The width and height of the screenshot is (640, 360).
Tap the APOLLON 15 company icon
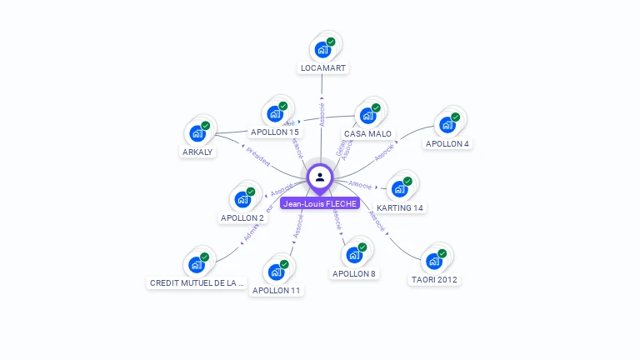click(275, 113)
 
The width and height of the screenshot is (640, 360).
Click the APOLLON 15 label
click(275, 132)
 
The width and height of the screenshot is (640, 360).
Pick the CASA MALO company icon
click(367, 115)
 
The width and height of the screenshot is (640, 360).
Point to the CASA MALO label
click(367, 133)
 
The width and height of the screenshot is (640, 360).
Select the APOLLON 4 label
click(447, 143)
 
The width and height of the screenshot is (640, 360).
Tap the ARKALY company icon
click(197, 133)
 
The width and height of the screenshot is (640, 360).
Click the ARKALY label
click(197, 152)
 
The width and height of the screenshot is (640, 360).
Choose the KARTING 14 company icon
click(400, 189)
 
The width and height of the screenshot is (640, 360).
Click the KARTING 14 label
click(400, 207)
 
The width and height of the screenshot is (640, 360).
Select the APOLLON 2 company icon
click(242, 199)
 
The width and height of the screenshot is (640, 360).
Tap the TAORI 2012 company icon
click(434, 261)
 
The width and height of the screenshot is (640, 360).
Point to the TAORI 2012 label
click(434, 279)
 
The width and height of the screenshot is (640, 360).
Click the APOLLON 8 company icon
click(354, 255)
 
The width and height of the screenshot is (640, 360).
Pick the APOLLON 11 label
click(277, 290)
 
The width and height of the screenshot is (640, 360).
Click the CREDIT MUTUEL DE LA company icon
click(197, 264)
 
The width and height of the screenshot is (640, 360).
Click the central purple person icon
click(320, 177)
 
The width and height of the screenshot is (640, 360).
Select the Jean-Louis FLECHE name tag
click(320, 203)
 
